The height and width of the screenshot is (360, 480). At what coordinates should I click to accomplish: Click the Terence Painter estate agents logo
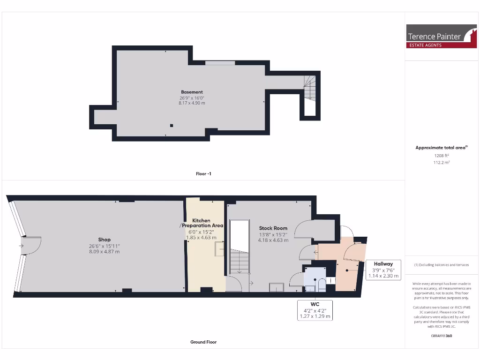[x=441, y=36]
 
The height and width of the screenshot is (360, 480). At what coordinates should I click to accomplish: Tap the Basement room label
[x=192, y=92]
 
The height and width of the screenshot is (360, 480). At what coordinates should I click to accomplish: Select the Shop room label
[x=104, y=240]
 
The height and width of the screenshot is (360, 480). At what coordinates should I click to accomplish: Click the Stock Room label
[x=273, y=228]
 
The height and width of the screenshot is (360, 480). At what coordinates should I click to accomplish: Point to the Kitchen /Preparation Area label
[x=201, y=223]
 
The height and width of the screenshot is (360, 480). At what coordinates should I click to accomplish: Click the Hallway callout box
[x=383, y=270]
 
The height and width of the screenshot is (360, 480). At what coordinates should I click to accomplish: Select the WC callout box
[x=315, y=310]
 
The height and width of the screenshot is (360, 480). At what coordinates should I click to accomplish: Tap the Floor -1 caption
[x=203, y=173]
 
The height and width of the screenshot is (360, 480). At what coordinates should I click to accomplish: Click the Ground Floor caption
[x=203, y=342]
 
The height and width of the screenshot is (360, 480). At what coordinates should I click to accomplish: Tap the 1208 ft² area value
[x=441, y=155]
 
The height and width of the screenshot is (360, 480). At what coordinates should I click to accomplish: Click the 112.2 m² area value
[x=441, y=163]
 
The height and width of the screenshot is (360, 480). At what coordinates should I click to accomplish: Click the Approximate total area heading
[x=441, y=148]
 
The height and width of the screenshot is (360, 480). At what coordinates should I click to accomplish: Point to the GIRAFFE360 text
[x=441, y=336]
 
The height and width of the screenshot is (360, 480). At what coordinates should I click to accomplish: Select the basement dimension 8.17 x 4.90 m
[x=192, y=103]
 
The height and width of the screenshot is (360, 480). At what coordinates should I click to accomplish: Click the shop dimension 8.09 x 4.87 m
[x=104, y=252]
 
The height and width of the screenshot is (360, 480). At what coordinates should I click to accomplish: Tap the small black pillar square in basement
[x=172, y=125]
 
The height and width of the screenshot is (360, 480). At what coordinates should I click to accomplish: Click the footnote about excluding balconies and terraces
[x=441, y=265]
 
